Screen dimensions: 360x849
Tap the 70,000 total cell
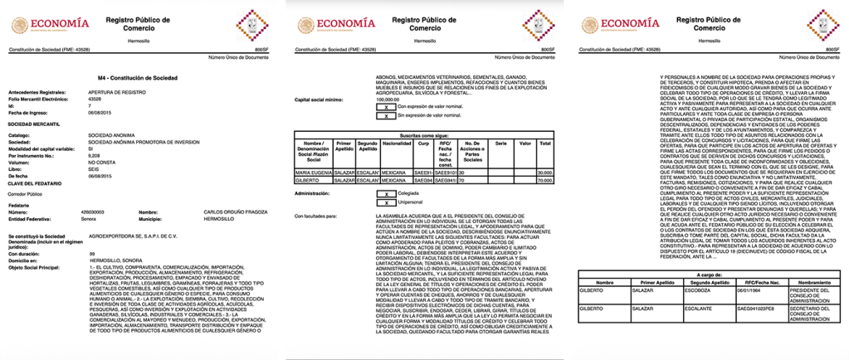[544, 178]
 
